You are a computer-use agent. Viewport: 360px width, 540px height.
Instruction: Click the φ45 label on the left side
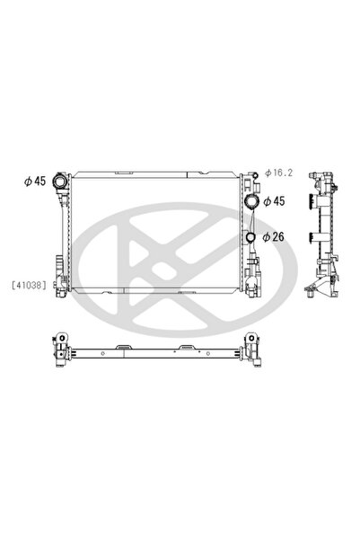tap(35, 181)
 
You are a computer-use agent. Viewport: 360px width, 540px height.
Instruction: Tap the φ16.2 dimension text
tap(279, 173)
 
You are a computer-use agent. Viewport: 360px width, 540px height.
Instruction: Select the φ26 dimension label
tap(273, 237)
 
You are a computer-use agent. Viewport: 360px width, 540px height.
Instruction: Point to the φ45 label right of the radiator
tap(274, 201)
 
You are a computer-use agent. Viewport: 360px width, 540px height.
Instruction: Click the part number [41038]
tap(29, 285)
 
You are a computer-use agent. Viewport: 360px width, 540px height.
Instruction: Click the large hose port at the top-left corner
tap(59, 181)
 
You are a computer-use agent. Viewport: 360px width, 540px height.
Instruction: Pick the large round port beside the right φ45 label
tap(250, 200)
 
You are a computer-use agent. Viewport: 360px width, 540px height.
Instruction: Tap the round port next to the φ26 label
tap(250, 237)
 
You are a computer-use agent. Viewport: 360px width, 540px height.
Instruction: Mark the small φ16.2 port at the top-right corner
tap(255, 175)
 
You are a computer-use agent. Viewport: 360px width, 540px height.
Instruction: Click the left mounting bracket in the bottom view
tap(62, 350)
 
